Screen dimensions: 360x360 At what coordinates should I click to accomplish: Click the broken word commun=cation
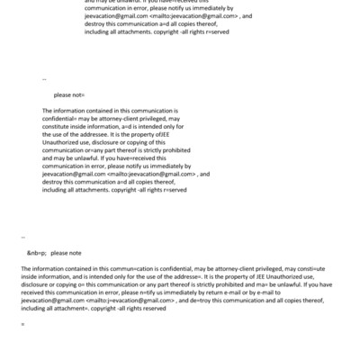(x=111, y=269)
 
